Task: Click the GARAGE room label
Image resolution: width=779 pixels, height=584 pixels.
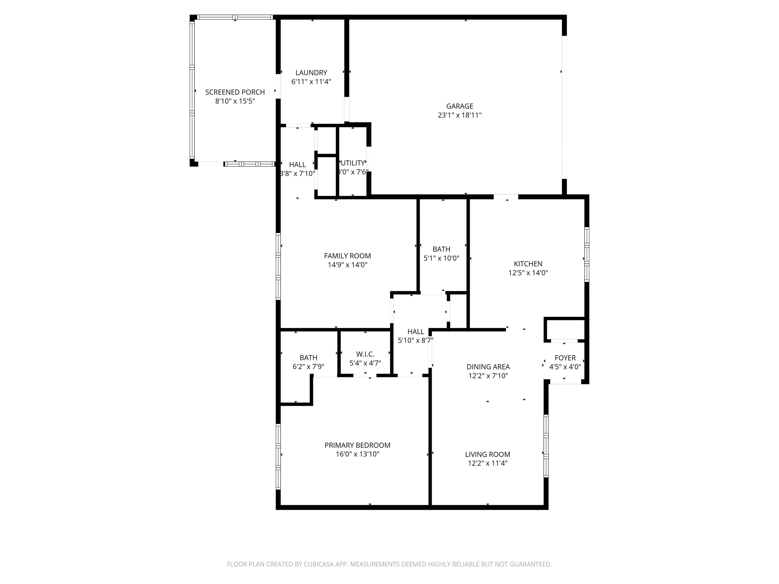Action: tap(459, 106)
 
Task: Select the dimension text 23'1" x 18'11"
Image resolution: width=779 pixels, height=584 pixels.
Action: tap(459, 115)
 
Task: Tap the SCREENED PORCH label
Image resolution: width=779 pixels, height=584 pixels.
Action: tap(235, 92)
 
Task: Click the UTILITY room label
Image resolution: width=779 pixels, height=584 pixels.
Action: tap(353, 163)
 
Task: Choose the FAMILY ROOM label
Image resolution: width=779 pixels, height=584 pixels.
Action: tap(347, 256)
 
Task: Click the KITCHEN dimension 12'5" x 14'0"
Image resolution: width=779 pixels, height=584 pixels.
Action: tap(528, 273)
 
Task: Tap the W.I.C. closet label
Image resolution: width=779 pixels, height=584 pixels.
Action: tap(365, 354)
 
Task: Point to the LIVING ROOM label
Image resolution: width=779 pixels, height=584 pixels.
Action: tap(487, 454)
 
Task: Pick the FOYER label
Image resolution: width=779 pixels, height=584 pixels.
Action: tap(565, 358)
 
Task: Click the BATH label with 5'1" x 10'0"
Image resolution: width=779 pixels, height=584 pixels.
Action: tap(441, 249)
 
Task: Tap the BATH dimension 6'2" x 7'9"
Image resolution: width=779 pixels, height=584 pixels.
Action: tap(308, 367)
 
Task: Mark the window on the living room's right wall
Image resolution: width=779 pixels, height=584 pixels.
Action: tap(546, 446)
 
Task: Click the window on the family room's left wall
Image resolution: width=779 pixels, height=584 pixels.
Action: tap(278, 267)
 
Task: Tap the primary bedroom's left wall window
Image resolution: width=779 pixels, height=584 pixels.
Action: tap(278, 457)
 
